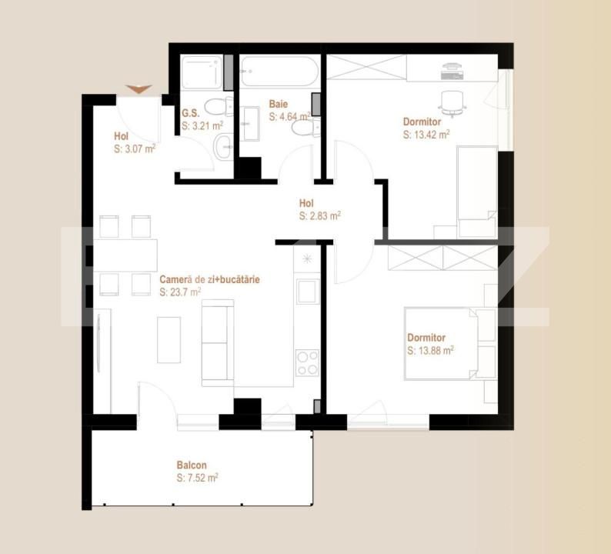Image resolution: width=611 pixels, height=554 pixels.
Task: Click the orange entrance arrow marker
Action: click(139, 89)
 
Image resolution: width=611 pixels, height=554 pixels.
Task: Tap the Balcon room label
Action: click(191, 466)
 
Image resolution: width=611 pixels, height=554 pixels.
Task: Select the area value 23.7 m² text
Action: click(180, 292)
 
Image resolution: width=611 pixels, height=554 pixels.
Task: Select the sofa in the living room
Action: click(218, 344)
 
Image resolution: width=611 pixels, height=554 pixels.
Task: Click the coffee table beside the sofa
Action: click(169, 339)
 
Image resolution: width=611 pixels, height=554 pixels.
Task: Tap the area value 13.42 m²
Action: click(426, 134)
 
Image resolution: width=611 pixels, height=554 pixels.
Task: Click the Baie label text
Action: click(278, 104)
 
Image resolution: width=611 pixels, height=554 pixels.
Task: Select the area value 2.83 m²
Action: click(320, 216)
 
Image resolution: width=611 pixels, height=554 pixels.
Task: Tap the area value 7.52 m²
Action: click(197, 479)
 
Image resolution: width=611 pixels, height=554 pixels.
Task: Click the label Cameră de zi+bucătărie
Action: click(209, 280)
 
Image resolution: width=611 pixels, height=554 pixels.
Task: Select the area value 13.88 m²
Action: click(430, 351)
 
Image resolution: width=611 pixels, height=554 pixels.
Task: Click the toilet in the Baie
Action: click(303, 129)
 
